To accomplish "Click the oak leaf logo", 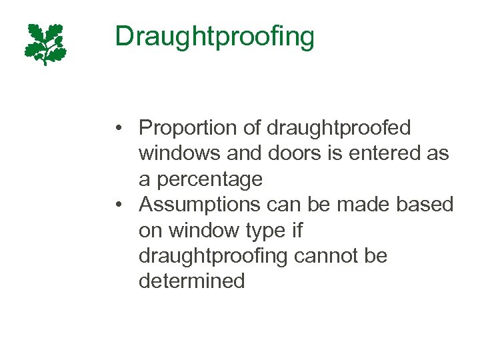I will [x=45, y=44].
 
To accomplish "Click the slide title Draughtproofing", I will [x=214, y=37].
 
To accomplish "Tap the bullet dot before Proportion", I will [x=118, y=128].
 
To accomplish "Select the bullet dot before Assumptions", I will [x=118, y=205].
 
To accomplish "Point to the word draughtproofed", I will [x=339, y=127].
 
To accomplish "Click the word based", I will [x=425, y=205].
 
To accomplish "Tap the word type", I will [x=267, y=230].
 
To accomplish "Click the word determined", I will [x=192, y=281].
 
